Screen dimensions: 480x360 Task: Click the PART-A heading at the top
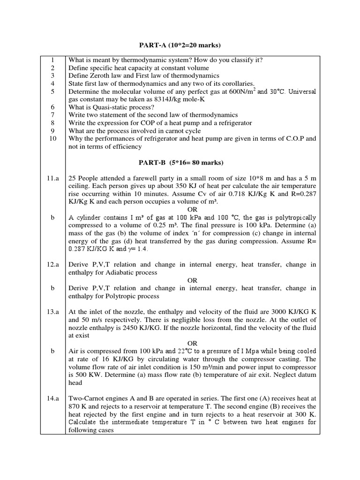tap(180, 45)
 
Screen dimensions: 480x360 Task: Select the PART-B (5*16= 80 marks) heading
tap(181, 163)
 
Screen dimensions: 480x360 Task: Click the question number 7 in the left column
tap(52, 115)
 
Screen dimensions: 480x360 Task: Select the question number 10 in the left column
tap(52, 139)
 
